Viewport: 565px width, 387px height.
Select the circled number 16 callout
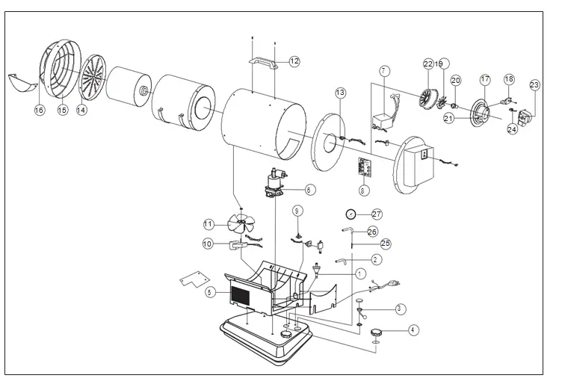point(40,110)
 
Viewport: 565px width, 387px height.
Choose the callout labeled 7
point(384,71)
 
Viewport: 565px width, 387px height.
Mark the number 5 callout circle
point(212,292)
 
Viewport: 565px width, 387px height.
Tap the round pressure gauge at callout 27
point(352,214)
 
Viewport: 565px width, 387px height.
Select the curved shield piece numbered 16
point(24,83)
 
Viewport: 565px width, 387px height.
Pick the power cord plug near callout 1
point(395,283)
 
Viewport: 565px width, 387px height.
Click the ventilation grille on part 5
point(239,294)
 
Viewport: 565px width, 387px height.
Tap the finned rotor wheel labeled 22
point(430,93)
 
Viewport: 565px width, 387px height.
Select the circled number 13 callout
point(340,92)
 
